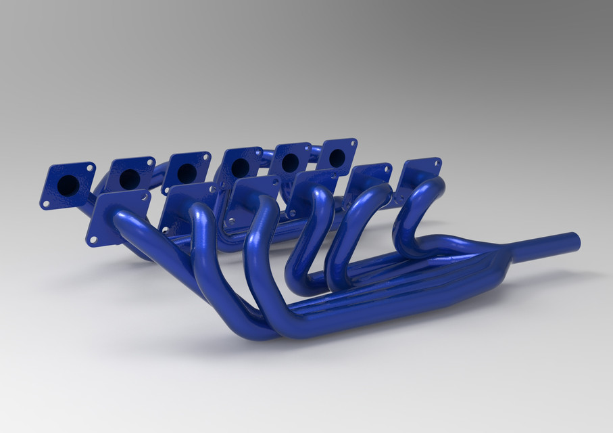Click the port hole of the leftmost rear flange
click(x=68, y=185)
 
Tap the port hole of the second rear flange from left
click(x=130, y=179)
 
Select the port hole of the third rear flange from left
click(x=187, y=173)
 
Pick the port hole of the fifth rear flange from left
click(x=291, y=163)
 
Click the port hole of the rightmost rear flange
click(x=337, y=158)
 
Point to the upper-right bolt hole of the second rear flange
click(x=150, y=162)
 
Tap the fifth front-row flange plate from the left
click(x=368, y=180)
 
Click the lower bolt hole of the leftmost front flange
click(x=93, y=239)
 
